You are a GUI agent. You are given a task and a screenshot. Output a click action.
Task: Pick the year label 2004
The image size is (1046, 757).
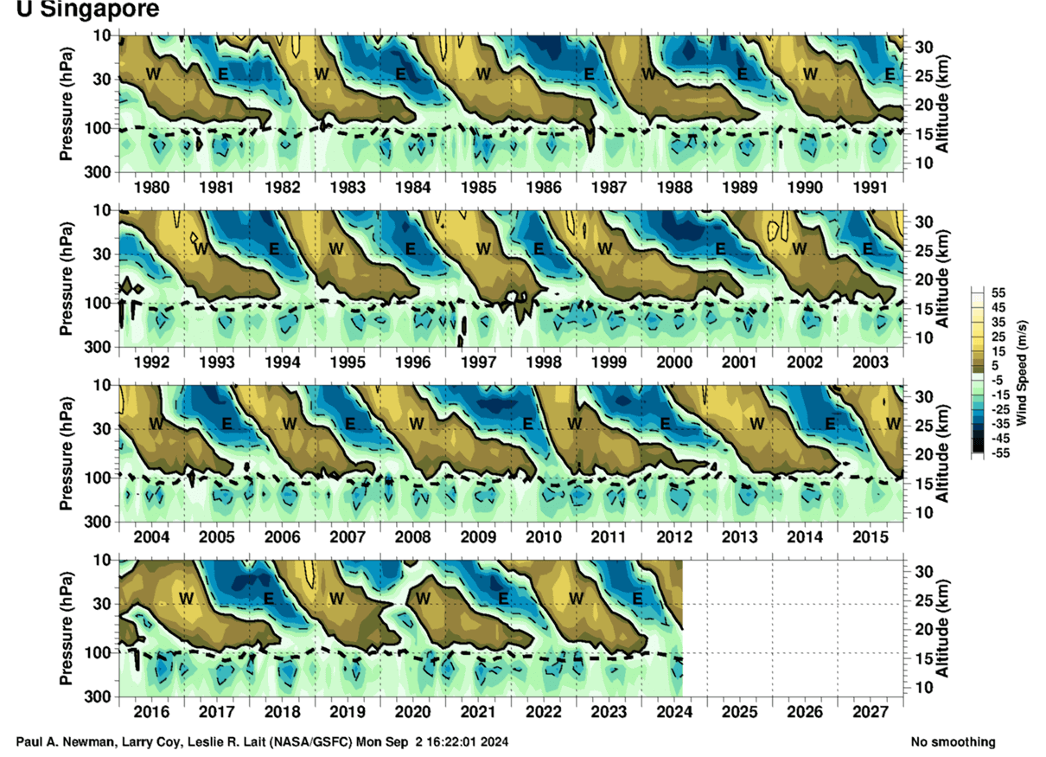[151, 536]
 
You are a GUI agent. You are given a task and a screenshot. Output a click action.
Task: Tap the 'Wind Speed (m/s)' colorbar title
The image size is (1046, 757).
[1022, 373]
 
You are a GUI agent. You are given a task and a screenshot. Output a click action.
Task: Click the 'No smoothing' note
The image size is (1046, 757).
[953, 742]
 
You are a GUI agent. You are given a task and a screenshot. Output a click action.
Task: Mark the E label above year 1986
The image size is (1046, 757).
[589, 74]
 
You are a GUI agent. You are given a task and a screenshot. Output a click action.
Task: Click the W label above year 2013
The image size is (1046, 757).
[757, 423]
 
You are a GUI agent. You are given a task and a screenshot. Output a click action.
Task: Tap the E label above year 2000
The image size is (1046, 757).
[719, 248]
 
